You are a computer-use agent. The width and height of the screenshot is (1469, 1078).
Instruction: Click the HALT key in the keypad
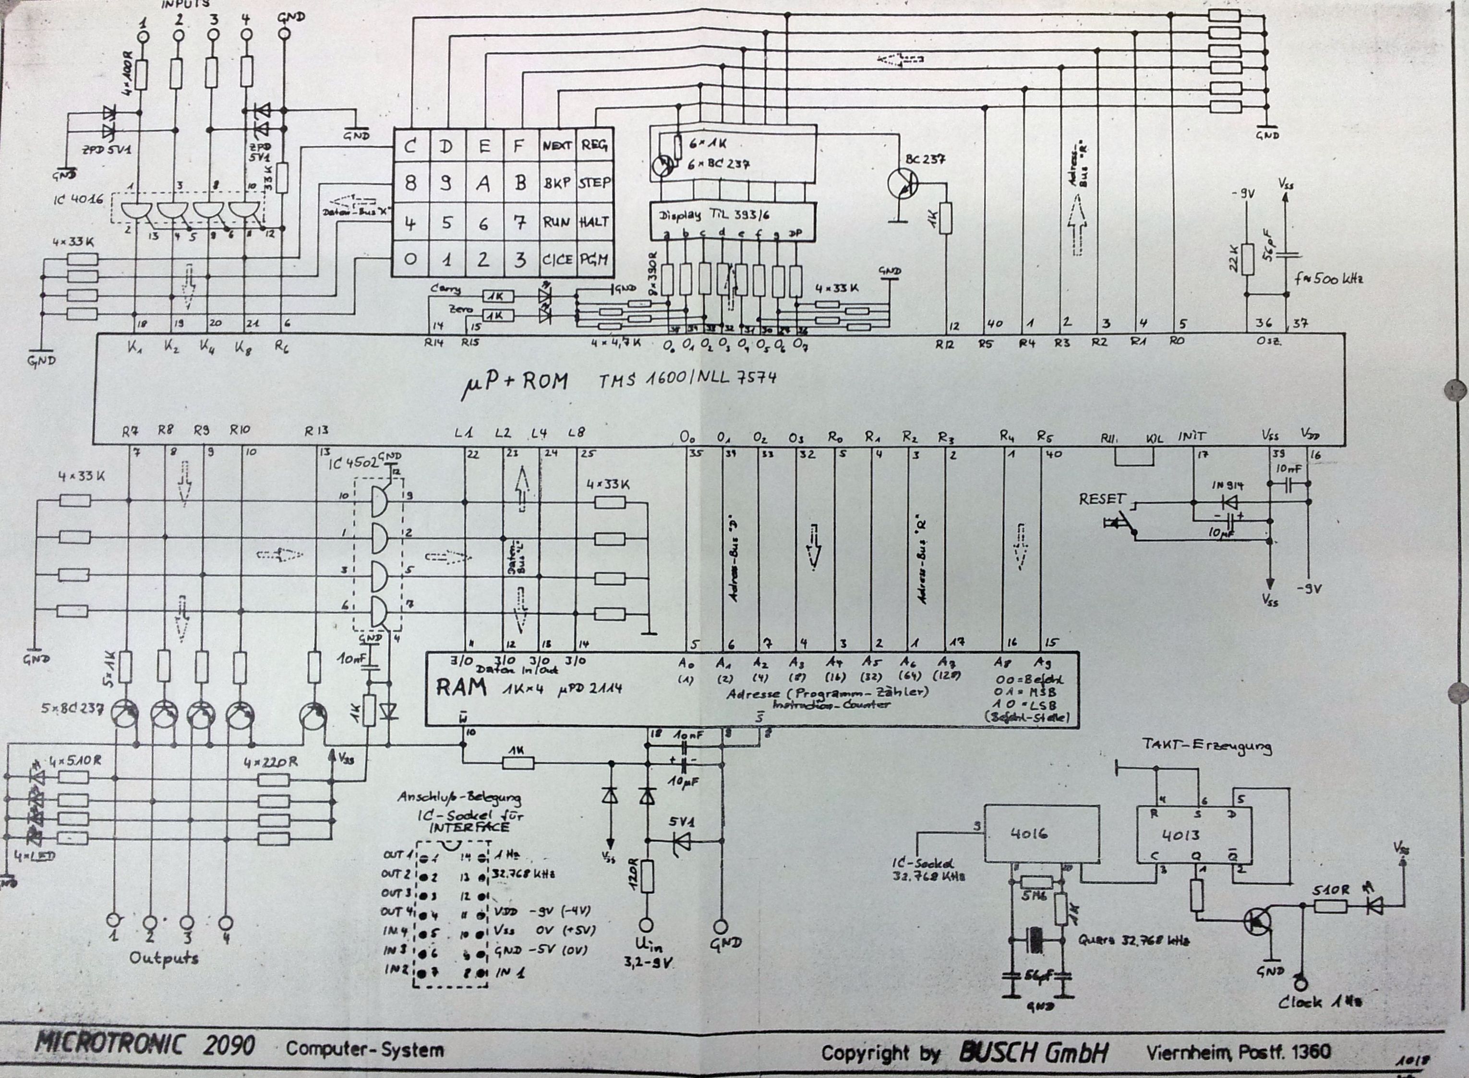(x=593, y=222)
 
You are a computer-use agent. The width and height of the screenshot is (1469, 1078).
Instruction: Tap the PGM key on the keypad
(x=593, y=259)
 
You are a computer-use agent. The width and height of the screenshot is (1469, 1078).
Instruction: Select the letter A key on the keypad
(x=482, y=184)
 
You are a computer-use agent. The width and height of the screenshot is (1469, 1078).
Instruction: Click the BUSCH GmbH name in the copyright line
(x=1034, y=1051)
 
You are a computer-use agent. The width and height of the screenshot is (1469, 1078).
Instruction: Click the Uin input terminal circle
(x=646, y=925)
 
